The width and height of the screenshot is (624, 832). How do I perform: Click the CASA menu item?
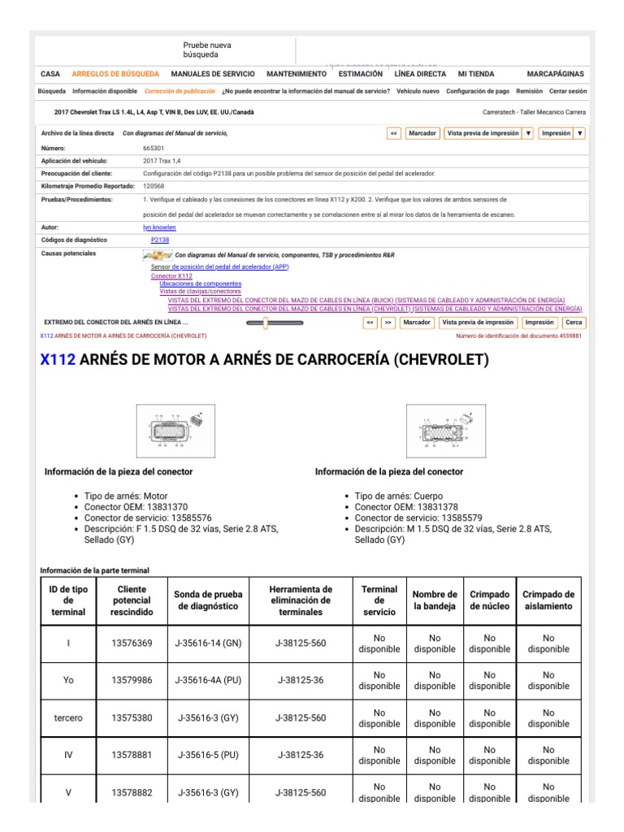(50, 73)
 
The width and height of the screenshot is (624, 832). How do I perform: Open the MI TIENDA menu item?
(476, 73)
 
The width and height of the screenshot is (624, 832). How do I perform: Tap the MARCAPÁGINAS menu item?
(555, 73)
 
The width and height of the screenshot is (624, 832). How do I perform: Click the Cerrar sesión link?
(567, 92)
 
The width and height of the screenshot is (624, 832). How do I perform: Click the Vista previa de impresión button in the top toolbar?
(482, 133)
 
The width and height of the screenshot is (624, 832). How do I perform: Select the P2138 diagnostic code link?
(160, 240)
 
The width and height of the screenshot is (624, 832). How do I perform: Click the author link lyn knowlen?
(158, 227)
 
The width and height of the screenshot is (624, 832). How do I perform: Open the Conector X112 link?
(171, 276)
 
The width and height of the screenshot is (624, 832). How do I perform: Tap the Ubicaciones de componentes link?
(188, 284)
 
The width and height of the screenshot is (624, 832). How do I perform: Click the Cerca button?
(574, 323)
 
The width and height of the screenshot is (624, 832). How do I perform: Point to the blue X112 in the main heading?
(58, 360)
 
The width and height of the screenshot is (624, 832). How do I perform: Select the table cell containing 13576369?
(132, 643)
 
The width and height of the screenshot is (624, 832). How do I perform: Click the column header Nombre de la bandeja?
(435, 600)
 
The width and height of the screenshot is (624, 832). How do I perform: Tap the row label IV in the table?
(68, 755)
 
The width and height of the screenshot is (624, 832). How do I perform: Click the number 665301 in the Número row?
(154, 149)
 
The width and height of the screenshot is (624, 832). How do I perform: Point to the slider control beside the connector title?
(274, 323)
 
